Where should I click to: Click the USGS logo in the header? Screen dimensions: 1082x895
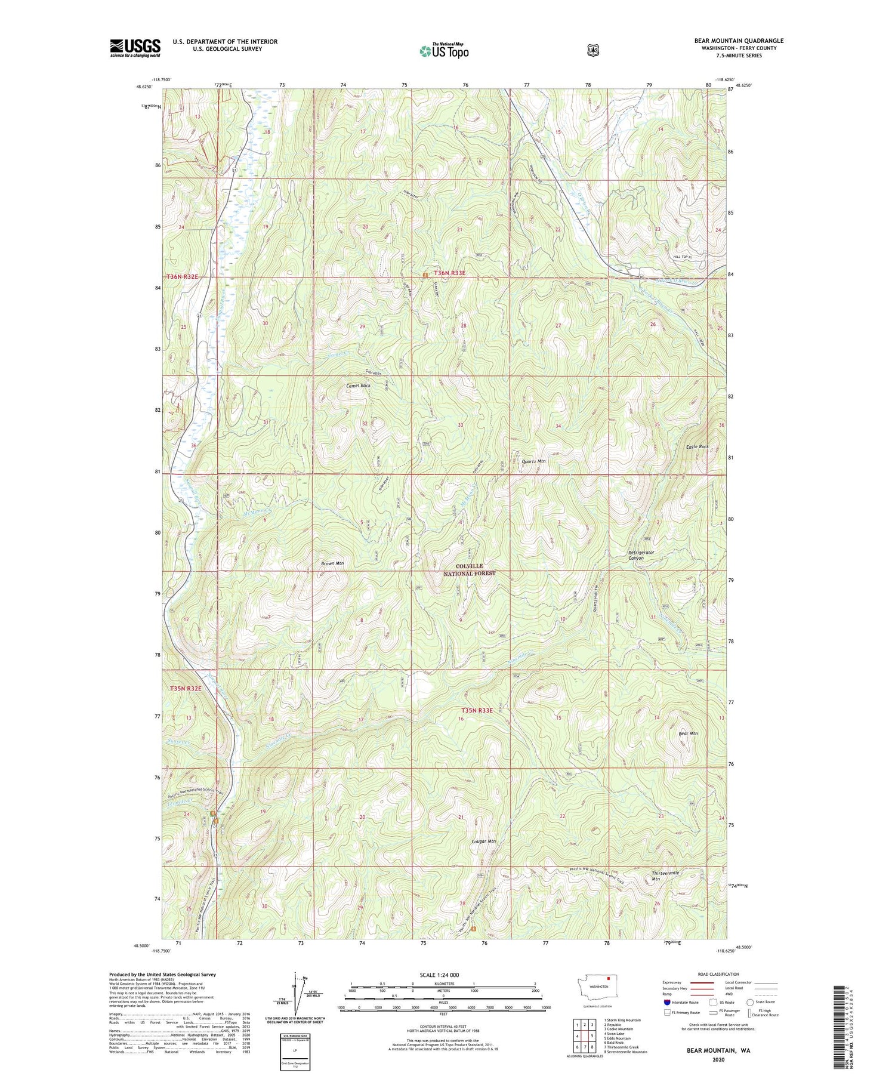coord(135,48)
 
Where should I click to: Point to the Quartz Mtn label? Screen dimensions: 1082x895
coord(533,461)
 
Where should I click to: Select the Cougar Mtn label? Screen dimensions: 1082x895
coord(483,841)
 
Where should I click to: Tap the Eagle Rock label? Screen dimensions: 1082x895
coord(697,446)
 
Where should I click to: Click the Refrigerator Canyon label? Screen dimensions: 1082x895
coord(641,555)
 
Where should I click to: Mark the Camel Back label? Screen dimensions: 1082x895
coord(358,386)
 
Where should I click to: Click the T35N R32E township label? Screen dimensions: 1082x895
coord(186,688)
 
